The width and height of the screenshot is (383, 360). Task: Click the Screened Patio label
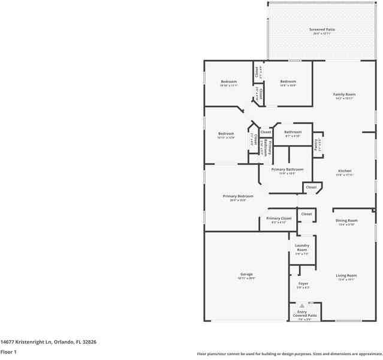(322, 29)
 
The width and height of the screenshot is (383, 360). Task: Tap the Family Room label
(345, 94)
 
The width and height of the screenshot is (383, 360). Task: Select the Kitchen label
(344, 171)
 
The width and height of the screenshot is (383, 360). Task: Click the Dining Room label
(346, 220)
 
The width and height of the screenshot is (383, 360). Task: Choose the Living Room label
(347, 275)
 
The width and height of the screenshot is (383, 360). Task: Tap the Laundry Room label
(301, 247)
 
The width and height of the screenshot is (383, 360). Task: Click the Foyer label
(303, 283)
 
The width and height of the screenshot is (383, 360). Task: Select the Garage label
(246, 274)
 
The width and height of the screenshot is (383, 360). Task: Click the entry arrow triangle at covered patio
(303, 306)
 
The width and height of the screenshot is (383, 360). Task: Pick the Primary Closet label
(279, 218)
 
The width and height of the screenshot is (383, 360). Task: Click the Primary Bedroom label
(238, 196)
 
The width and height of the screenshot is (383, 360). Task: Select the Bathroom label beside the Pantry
(293, 132)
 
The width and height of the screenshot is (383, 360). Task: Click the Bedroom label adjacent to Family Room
(288, 82)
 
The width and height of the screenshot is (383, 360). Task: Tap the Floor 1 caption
(8, 352)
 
